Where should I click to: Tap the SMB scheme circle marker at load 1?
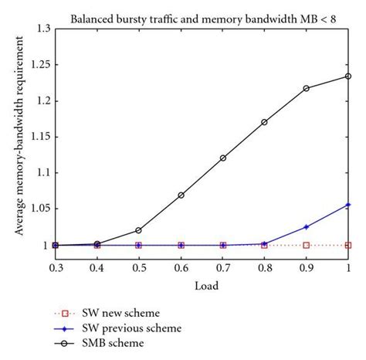(348, 76)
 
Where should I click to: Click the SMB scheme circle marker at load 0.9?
(307, 88)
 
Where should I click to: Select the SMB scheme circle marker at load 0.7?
(223, 158)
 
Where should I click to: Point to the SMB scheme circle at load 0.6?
(181, 195)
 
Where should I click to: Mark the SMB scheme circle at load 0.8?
(265, 122)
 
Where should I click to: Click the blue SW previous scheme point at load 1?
(348, 205)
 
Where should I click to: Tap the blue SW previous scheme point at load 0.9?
(307, 227)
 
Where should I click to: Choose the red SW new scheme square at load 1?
(348, 245)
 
